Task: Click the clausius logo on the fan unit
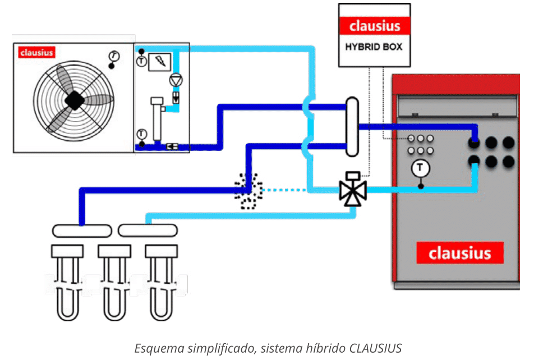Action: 36,52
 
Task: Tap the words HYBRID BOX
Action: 374,47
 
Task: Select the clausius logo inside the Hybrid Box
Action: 374,26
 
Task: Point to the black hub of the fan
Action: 73,100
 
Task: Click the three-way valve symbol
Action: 352,190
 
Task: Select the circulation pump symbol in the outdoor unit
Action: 176,80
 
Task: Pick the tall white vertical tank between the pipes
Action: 352,127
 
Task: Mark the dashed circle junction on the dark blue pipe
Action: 248,190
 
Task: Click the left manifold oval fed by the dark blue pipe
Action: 81,230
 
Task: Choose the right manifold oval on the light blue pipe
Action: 148,230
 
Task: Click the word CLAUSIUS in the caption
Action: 375,348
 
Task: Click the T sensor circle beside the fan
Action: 114,56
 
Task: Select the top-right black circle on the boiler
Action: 508,142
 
